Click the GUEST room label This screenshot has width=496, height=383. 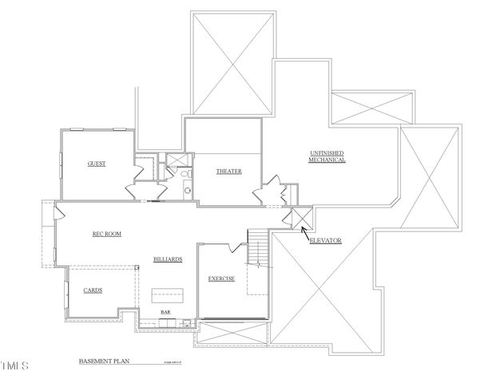97,164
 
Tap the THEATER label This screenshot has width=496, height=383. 228,172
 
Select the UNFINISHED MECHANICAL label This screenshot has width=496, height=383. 327,156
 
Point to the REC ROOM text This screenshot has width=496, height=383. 107,234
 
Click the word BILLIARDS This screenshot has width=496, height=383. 169,260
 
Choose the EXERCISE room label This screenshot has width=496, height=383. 221,278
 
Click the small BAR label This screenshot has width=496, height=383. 166,313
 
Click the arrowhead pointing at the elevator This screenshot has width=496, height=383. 304,232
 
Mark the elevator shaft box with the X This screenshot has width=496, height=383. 301,218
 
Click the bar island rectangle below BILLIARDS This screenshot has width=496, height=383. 168,295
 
